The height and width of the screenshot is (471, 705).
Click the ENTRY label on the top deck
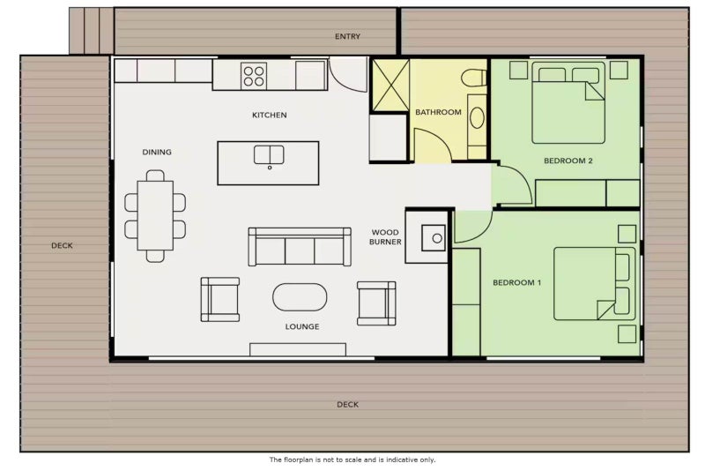point(347,36)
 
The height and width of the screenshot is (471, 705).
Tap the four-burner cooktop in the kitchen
point(254,76)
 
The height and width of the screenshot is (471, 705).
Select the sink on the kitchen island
point(269,154)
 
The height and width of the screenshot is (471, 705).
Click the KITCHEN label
point(270,116)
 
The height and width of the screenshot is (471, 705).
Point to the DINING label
point(157,152)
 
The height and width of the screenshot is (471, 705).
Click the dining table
point(155,215)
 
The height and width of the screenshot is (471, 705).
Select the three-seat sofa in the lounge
point(300,246)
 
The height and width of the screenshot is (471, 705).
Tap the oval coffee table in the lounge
point(300,297)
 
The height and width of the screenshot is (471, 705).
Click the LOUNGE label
point(302,326)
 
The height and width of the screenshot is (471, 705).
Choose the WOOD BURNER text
point(385,237)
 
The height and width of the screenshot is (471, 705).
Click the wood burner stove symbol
point(434,238)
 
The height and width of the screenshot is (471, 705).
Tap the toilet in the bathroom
point(474,78)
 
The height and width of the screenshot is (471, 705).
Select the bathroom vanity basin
point(477,118)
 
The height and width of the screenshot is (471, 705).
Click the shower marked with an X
point(390,85)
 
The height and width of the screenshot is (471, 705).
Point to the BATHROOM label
point(438,112)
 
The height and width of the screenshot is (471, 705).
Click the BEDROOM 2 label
point(568,161)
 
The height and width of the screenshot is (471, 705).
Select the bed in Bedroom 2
point(568,102)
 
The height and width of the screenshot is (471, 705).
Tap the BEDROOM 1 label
point(517,282)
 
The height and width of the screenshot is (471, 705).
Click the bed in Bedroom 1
point(594,283)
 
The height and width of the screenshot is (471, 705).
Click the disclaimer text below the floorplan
point(352,460)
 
